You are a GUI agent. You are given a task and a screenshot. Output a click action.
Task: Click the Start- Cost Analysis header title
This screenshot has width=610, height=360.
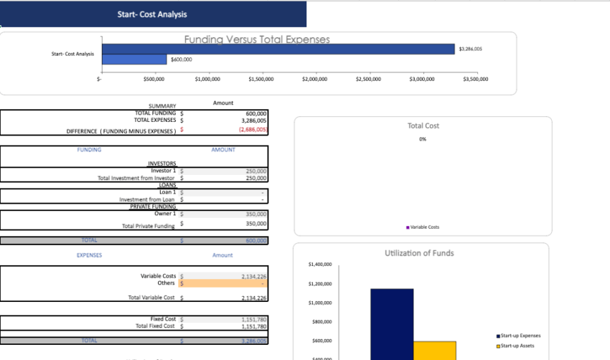(151, 14)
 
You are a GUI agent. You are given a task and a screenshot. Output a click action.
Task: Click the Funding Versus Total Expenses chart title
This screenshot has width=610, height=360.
(257, 39)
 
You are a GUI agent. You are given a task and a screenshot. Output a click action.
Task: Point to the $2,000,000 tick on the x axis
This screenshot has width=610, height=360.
(316, 78)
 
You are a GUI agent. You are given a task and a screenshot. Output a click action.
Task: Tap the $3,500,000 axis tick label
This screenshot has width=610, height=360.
(475, 78)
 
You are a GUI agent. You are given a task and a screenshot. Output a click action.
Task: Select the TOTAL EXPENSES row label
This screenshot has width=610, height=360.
(155, 120)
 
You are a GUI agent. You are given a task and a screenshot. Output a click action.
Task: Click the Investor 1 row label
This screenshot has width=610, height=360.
(163, 171)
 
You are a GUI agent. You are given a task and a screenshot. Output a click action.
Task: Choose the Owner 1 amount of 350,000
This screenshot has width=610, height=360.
(255, 214)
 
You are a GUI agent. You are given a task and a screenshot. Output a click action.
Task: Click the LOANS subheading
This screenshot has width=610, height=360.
(167, 185)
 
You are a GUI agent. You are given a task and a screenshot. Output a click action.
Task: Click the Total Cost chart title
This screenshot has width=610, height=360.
(423, 125)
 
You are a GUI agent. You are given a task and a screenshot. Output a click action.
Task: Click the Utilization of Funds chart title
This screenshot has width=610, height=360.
(419, 252)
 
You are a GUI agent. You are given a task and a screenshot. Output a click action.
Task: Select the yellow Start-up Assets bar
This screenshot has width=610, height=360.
(434, 351)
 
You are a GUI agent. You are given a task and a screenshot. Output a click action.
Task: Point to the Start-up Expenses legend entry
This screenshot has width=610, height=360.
(518, 336)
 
